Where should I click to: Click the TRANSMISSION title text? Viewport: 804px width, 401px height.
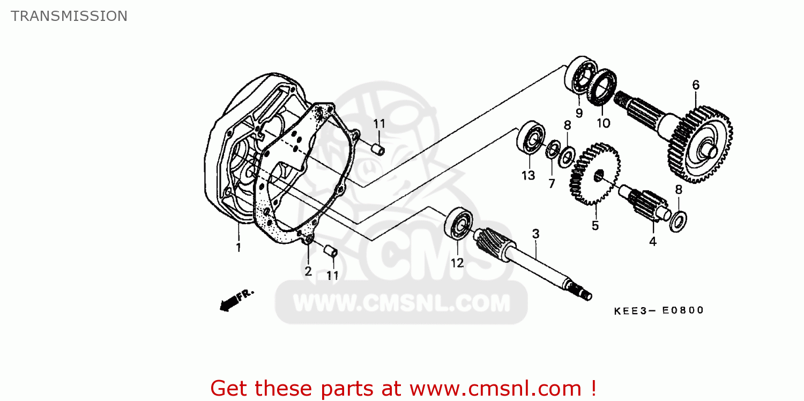(x=69, y=16)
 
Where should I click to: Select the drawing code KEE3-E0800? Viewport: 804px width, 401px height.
(x=659, y=310)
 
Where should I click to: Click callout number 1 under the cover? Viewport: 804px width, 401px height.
(x=239, y=248)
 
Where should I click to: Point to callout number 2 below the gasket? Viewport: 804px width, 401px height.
(x=308, y=271)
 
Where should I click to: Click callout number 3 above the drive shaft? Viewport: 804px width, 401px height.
(x=535, y=234)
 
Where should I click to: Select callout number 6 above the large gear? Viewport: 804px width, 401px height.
(x=696, y=85)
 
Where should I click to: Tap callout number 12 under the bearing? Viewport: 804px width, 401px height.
(x=457, y=263)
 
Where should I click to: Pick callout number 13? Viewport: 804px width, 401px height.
(x=528, y=175)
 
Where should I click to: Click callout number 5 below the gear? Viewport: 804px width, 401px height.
(x=595, y=226)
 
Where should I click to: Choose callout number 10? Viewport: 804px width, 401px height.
(x=603, y=123)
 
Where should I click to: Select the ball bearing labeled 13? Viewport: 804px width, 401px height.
(x=531, y=138)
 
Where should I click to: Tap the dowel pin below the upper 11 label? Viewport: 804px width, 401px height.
(x=378, y=148)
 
